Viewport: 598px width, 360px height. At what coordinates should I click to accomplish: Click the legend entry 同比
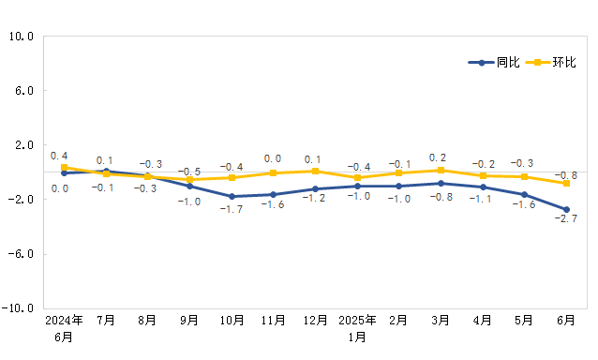click(x=496, y=63)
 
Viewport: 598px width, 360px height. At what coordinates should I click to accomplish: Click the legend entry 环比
click(x=552, y=63)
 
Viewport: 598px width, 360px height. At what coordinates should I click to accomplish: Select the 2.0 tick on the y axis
click(x=24, y=145)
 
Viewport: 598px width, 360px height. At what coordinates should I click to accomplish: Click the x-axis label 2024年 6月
click(x=64, y=327)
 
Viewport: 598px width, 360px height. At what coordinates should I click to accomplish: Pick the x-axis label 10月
click(x=232, y=321)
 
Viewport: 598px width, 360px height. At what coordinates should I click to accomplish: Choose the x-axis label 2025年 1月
click(x=357, y=327)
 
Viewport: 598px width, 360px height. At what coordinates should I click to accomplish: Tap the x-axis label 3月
click(x=441, y=321)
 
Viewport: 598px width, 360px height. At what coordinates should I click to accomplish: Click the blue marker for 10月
click(x=232, y=196)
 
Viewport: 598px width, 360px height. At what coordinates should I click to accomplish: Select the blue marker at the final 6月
click(x=566, y=210)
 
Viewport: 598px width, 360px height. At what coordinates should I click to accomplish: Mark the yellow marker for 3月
click(x=441, y=170)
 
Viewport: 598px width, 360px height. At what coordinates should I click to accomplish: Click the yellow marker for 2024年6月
click(x=64, y=167)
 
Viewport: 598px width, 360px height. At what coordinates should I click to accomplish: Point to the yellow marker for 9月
click(x=189, y=179)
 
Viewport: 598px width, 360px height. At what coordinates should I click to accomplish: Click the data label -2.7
click(x=566, y=219)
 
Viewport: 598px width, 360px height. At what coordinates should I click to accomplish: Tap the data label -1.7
click(x=232, y=208)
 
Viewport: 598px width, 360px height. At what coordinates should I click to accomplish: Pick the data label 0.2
click(x=438, y=157)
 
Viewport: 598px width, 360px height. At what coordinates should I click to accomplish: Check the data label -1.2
click(x=315, y=199)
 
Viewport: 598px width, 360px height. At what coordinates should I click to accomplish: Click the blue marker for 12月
click(x=315, y=189)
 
